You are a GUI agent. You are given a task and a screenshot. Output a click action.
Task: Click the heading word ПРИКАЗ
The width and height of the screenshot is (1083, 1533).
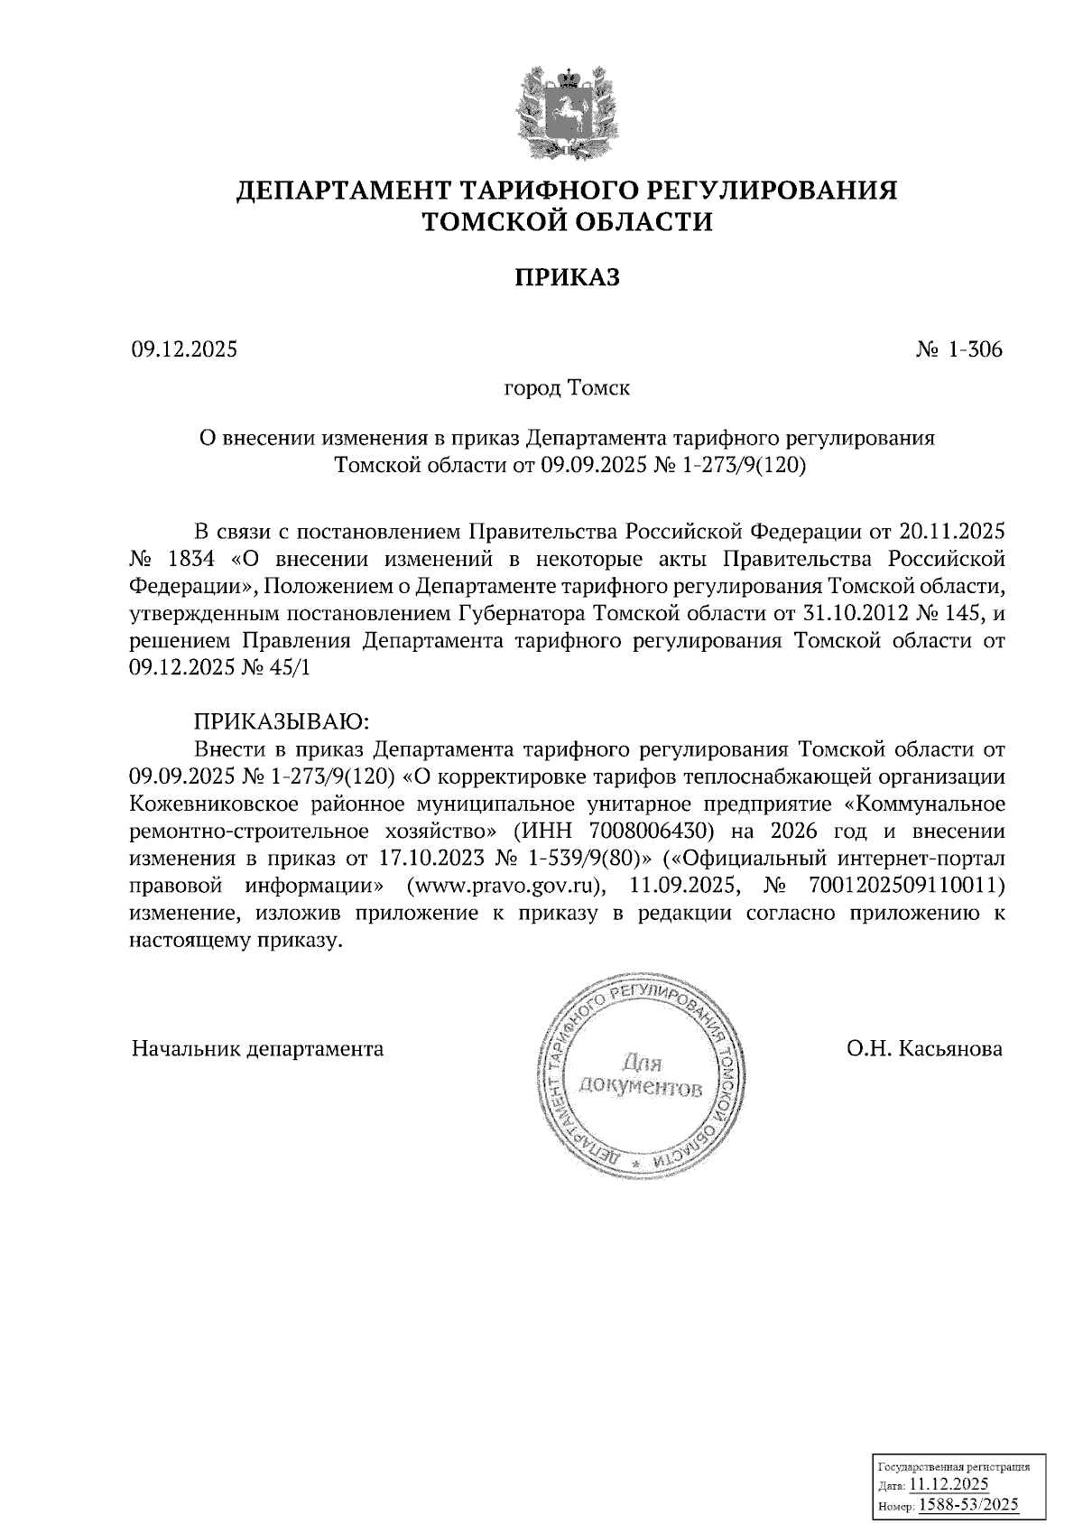tap(567, 277)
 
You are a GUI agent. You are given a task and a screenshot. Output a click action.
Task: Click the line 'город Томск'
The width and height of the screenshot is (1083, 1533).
tap(566, 389)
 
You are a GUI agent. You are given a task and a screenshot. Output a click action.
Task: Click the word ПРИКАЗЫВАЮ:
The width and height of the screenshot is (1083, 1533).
tap(281, 722)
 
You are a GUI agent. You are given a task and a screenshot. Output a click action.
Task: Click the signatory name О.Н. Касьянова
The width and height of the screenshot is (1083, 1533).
tap(924, 1049)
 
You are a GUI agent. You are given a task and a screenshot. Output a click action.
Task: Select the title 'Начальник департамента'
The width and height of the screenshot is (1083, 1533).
tap(257, 1049)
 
